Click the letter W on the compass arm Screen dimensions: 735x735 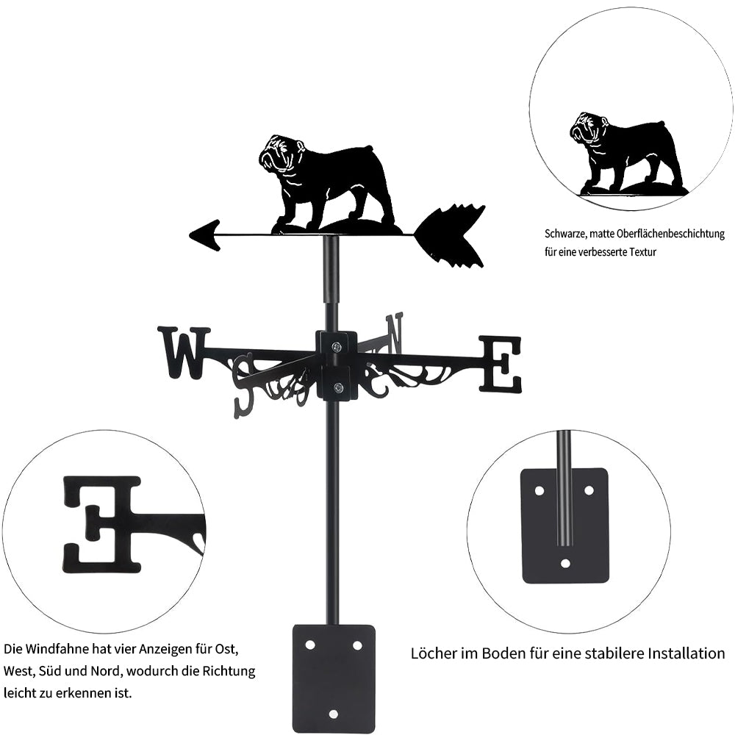pyautogui.click(x=184, y=353)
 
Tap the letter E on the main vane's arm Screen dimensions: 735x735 pyautogui.click(x=500, y=364)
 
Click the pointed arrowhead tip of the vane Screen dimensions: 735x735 pyautogui.click(x=190, y=234)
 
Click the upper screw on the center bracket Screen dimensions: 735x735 pyautogui.click(x=337, y=346)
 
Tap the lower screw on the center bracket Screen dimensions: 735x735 pyautogui.click(x=337, y=387)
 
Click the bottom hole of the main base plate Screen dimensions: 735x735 pyautogui.click(x=334, y=714)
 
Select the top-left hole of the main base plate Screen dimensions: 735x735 pyautogui.click(x=310, y=645)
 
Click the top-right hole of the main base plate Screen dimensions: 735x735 pyautogui.click(x=357, y=645)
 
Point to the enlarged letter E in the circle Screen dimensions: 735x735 pyautogui.click(x=102, y=525)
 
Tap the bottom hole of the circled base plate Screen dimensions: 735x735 pyautogui.click(x=566, y=563)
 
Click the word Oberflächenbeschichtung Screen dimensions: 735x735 pyautogui.click(x=670, y=234)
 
